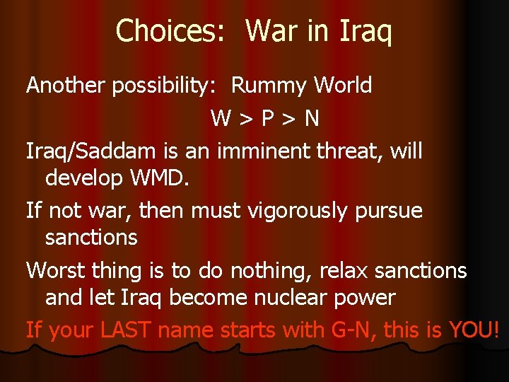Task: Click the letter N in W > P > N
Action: pyautogui.click(x=311, y=118)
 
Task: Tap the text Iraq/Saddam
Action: pyautogui.click(x=85, y=151)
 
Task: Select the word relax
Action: pyautogui.click(x=347, y=270)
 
